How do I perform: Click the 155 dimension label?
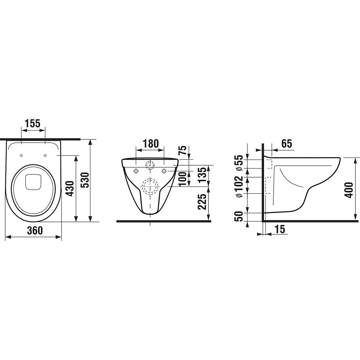33,123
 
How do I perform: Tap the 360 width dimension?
35,230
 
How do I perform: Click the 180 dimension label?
151,144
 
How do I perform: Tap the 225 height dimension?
202,202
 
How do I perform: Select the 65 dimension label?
287,144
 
